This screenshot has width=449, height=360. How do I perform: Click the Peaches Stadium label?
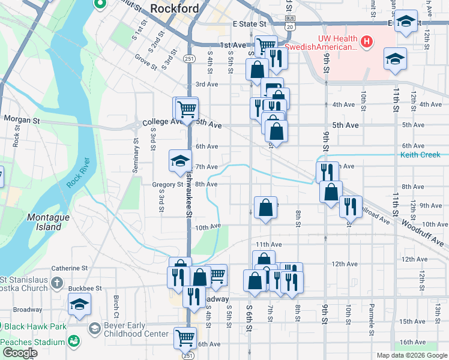pos(33,342)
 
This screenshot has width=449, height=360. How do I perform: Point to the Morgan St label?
pos(22,120)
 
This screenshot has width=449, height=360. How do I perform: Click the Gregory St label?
pos(171,185)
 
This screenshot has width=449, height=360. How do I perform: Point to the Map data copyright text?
pos(411,355)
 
